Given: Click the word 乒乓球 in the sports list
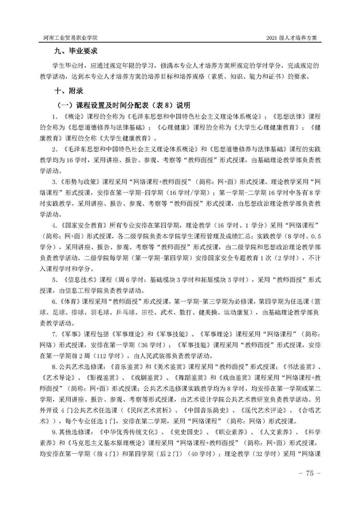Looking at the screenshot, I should (139, 313).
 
